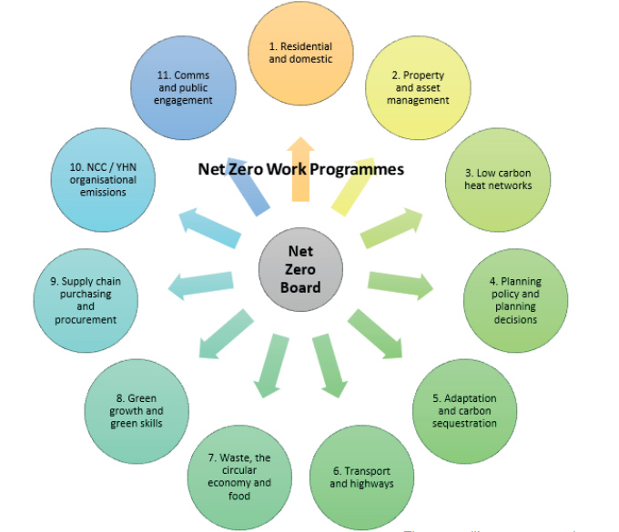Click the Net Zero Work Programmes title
300,169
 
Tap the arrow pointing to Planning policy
401,285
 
